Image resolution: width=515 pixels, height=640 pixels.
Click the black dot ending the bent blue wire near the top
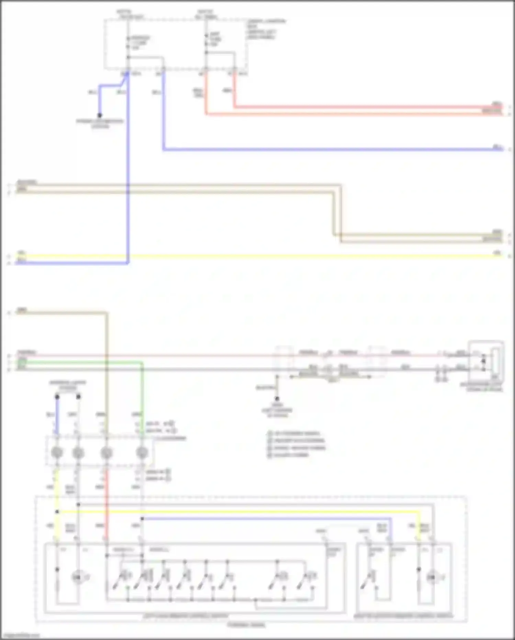(100, 115)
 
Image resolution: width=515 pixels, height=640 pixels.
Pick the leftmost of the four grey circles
(57, 453)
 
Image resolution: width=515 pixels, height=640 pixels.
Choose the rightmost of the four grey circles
(142, 453)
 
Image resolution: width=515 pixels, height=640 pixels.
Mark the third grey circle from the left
(107, 453)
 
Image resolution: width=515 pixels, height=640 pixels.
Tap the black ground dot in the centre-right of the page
(277, 399)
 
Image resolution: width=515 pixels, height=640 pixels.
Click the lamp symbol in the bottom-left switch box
(78, 577)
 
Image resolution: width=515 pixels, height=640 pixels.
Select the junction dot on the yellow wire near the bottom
(57, 512)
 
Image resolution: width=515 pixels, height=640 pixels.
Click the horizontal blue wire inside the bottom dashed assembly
(268, 519)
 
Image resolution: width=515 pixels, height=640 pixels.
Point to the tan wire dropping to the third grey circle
(107, 378)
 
